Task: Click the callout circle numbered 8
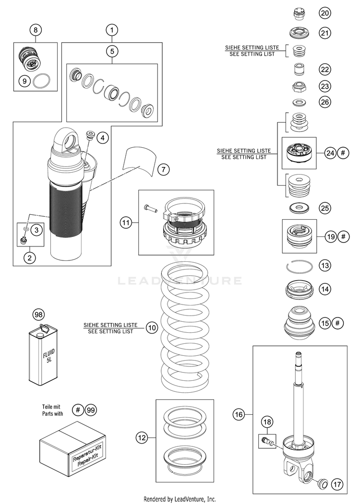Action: point(36,30)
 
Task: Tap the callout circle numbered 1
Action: point(111,30)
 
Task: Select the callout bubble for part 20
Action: point(325,13)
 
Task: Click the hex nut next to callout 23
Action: point(300,87)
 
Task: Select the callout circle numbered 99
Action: point(91,410)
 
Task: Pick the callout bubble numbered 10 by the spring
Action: point(152,328)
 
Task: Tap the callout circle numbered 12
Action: point(141,437)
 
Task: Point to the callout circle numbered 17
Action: point(337,485)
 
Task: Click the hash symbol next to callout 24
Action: point(343,153)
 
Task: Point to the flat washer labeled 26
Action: point(300,102)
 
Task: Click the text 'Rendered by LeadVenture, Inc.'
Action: point(180,499)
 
